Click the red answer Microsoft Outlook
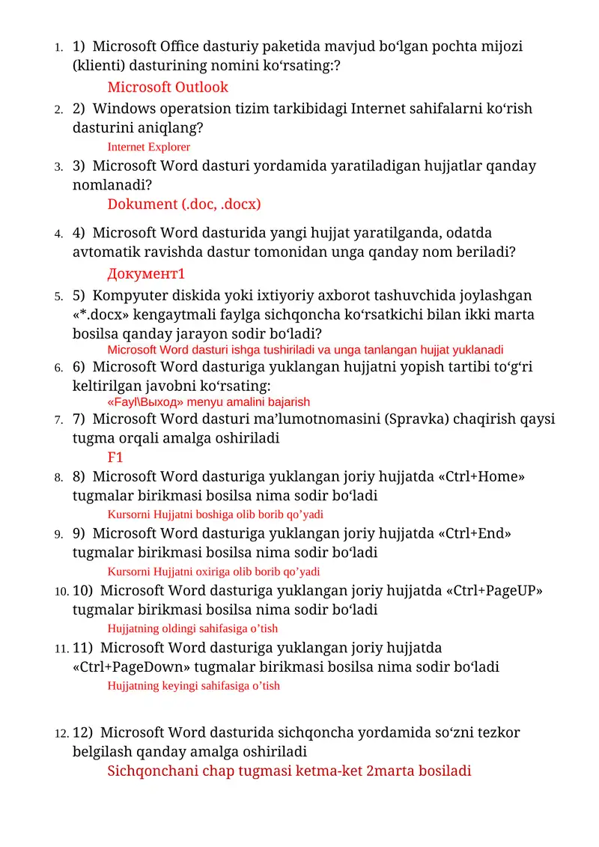168,88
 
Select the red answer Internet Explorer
149,148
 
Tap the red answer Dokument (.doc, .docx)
184,204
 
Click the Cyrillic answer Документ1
146,273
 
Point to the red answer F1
115,458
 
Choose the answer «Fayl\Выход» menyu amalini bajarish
209,402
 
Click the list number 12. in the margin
63,733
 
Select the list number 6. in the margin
59,368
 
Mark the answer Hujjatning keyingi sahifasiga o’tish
194,686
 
